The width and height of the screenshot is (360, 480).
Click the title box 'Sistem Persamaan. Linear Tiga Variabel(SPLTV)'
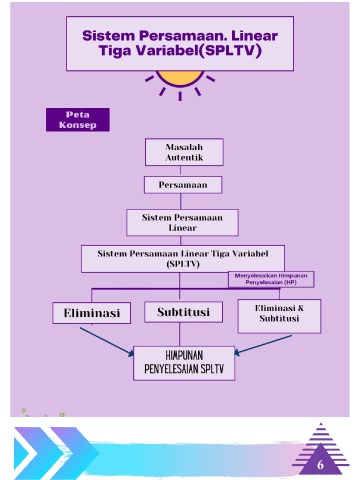click(180, 43)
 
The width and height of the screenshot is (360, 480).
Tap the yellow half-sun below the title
click(180, 78)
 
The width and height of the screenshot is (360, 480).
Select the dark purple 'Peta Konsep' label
click(78, 119)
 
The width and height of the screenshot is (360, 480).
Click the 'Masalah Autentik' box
click(184, 152)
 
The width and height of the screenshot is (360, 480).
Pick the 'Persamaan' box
click(183, 185)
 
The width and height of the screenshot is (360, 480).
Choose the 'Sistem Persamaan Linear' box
click(182, 222)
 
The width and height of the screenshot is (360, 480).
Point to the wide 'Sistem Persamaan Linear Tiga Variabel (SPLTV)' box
click(183, 259)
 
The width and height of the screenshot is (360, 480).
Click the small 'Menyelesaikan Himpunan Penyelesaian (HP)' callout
click(271, 279)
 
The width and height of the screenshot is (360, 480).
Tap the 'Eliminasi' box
click(91, 313)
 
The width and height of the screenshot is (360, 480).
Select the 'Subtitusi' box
click(183, 312)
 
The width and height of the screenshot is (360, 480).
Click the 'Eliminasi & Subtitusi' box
click(279, 316)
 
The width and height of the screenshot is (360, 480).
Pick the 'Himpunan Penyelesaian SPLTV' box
click(184, 363)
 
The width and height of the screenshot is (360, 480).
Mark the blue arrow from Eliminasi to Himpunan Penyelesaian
click(107, 342)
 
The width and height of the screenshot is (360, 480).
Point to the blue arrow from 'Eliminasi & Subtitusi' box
click(263, 344)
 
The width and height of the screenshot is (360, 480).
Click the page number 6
click(320, 465)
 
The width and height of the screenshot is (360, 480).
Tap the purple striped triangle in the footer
click(321, 450)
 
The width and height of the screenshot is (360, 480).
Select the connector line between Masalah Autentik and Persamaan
click(180, 171)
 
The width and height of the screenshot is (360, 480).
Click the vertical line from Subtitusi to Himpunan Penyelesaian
click(179, 334)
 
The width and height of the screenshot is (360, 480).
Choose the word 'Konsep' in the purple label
click(78, 125)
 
